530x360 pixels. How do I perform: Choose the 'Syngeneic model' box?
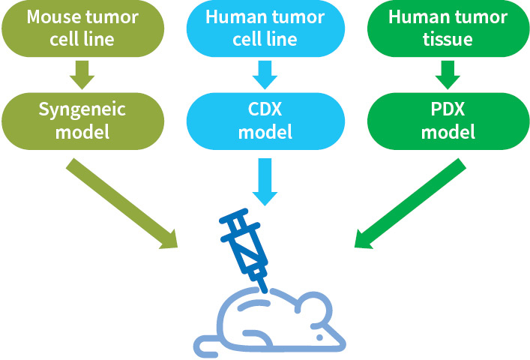point(82,121)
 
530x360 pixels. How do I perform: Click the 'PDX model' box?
point(448,121)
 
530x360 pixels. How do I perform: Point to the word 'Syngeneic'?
point(82,109)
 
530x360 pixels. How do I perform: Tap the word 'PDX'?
point(448,109)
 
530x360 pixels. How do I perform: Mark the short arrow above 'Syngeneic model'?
point(83,73)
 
